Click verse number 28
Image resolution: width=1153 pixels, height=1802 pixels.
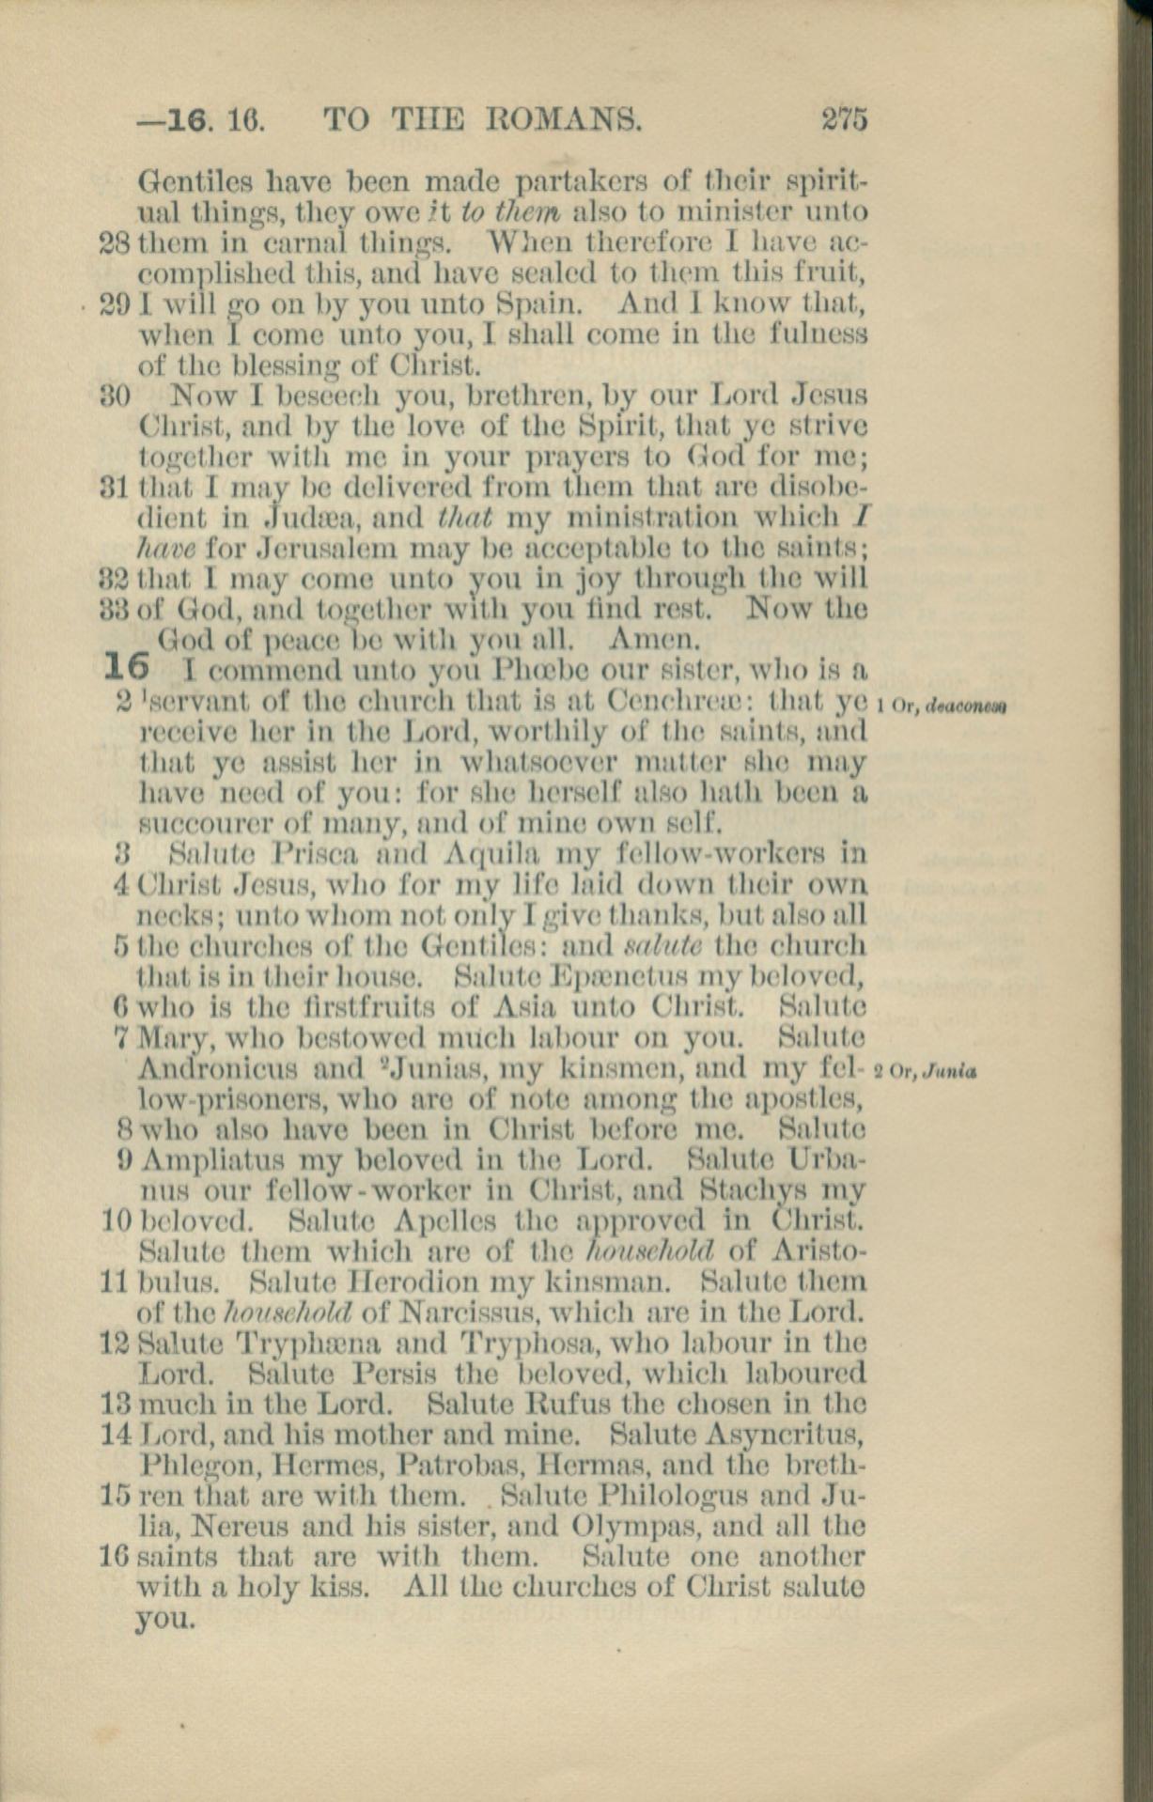click(117, 242)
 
